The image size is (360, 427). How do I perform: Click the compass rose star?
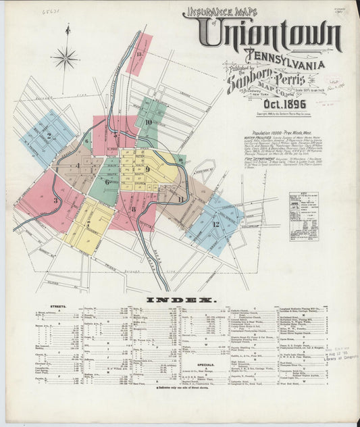click(66, 59)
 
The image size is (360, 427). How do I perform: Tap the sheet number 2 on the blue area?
click(49, 135)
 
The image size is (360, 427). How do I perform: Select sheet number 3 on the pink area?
click(55, 200)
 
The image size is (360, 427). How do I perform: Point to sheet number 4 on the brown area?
click(78, 166)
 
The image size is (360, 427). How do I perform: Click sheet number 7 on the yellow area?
click(87, 224)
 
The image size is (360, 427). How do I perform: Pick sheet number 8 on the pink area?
click(134, 209)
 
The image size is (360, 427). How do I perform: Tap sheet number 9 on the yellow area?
click(147, 168)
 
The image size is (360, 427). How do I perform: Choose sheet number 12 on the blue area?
click(216, 223)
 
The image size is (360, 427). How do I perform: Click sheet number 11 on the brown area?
click(180, 199)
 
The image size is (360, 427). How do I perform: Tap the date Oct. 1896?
click(266, 104)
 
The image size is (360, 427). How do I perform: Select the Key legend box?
click(304, 216)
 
